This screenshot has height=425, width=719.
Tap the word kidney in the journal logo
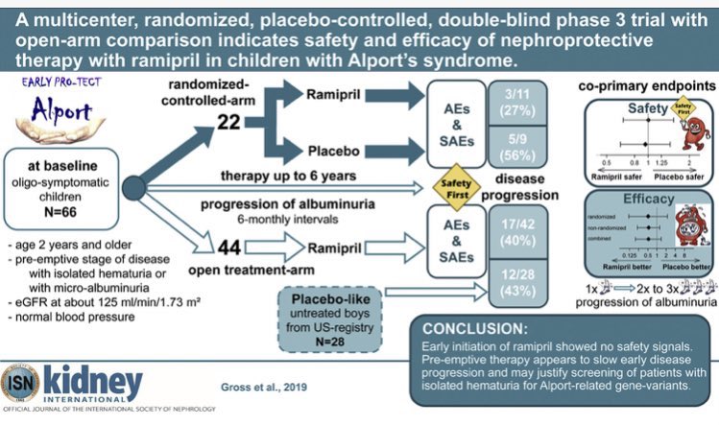[94, 380]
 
